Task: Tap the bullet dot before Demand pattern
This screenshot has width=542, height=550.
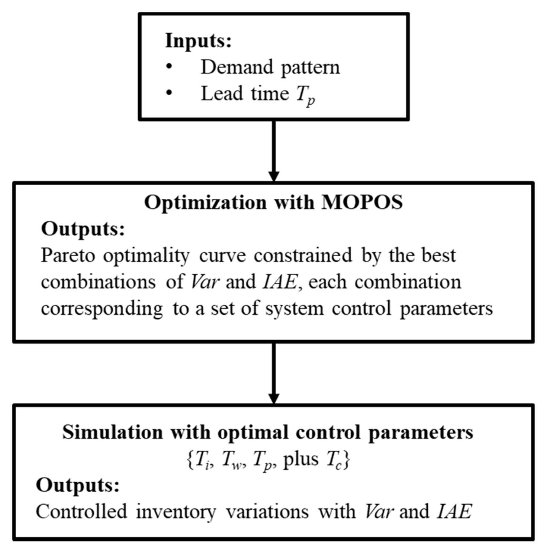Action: (169, 66)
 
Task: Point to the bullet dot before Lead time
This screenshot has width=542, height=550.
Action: (169, 92)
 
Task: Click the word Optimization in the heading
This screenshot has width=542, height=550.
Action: (205, 203)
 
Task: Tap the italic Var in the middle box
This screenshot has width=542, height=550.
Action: (204, 282)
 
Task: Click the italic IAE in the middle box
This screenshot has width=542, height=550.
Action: (280, 282)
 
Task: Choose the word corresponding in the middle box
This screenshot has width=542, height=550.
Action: (102, 309)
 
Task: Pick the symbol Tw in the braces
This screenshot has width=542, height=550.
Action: (231, 460)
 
